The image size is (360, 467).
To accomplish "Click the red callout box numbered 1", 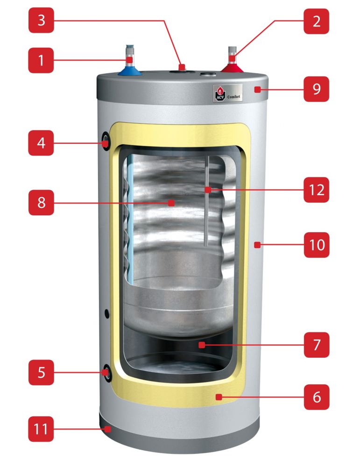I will coord(41,60).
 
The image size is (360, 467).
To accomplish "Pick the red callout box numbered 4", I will coord(41,142).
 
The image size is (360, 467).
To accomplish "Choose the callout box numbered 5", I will coord(41,372).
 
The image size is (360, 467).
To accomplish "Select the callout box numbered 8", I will coord(41,203).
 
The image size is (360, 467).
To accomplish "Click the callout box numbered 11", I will coord(41,429).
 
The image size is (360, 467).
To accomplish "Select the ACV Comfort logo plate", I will coord(227,92).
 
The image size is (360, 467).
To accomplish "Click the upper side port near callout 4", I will coord(106,141).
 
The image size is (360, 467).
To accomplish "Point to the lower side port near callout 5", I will coord(106,372).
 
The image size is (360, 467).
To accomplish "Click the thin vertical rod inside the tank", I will coord(205,201).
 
